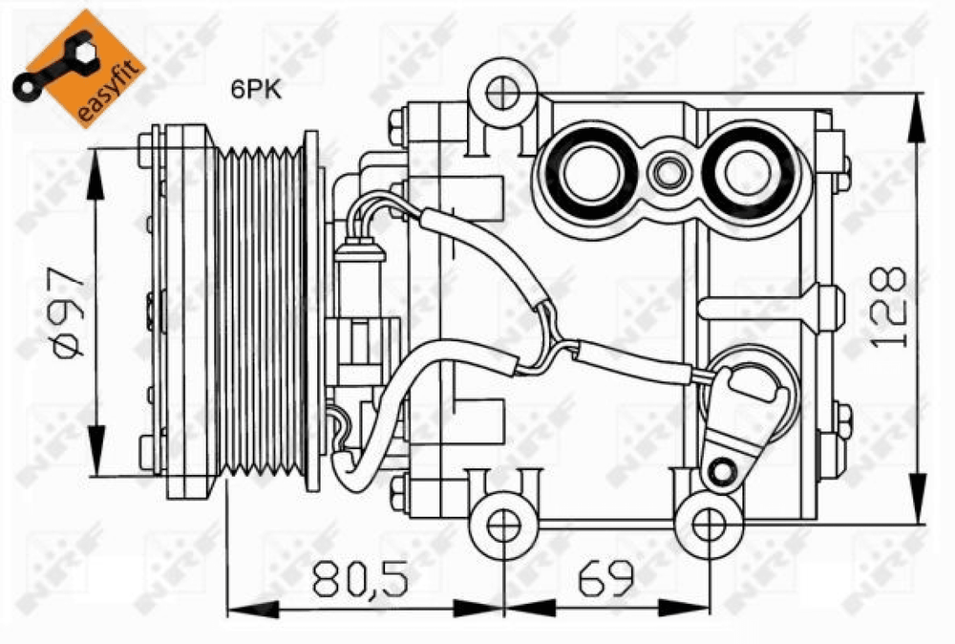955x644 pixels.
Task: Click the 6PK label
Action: [256, 90]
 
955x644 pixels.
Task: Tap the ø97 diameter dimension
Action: [69, 311]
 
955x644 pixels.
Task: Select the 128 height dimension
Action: [888, 307]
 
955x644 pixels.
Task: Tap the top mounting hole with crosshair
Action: [503, 94]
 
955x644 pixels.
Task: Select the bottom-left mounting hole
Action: [503, 526]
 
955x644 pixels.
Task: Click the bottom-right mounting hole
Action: [709, 526]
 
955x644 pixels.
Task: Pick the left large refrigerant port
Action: [591, 172]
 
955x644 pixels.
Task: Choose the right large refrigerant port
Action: [748, 172]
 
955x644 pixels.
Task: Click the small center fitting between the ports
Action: [668, 173]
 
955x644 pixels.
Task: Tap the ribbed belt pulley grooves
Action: [262, 310]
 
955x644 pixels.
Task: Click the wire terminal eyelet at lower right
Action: [724, 471]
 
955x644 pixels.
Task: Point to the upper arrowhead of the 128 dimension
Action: [917, 118]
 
